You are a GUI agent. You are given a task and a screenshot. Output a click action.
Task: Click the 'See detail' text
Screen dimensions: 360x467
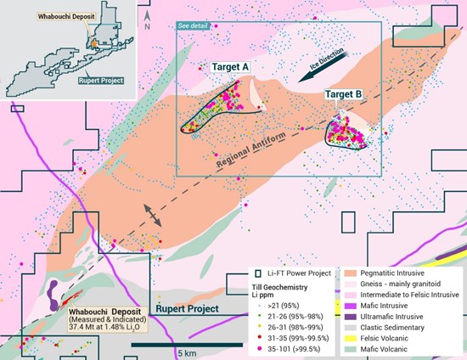(192, 25)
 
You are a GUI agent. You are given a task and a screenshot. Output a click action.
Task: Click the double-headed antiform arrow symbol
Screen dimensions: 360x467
(154, 215)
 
